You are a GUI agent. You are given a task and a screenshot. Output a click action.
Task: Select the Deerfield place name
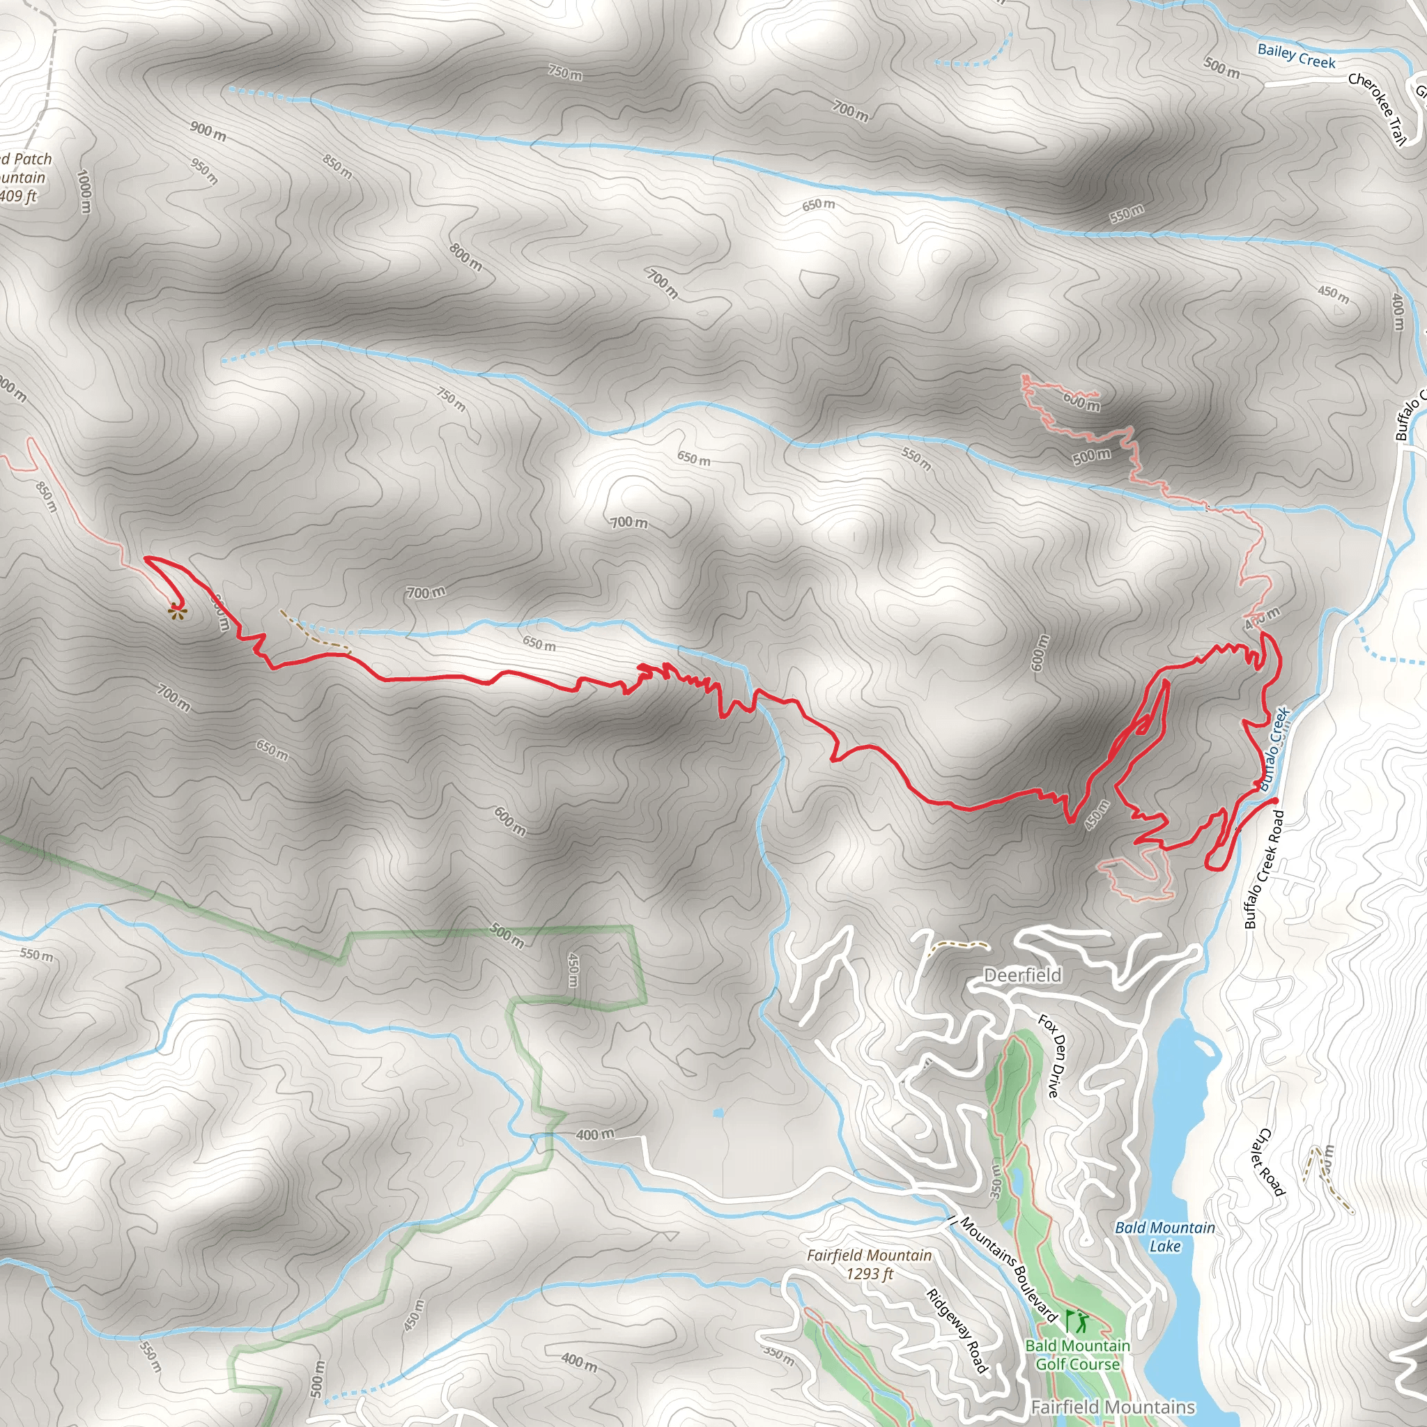1022,975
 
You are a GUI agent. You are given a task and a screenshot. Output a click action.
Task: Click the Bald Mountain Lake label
1165,1237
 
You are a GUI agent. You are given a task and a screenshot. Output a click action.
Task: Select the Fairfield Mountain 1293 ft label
869,1264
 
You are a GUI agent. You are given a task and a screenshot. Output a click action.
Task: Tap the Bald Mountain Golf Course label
1078,1355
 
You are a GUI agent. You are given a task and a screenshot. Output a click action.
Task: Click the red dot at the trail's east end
1275,800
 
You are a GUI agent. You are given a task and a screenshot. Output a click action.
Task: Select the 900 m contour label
208,132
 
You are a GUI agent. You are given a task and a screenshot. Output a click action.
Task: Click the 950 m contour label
204,171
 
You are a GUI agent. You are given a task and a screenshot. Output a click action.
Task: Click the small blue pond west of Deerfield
718,1112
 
